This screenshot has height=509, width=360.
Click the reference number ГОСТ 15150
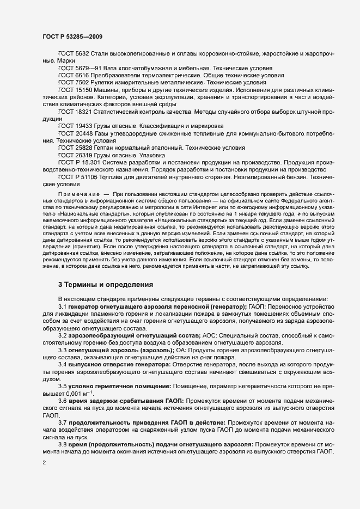pos(74,89)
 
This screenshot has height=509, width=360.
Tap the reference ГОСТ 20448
pos(74,133)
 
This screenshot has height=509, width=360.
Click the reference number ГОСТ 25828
pos(74,148)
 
